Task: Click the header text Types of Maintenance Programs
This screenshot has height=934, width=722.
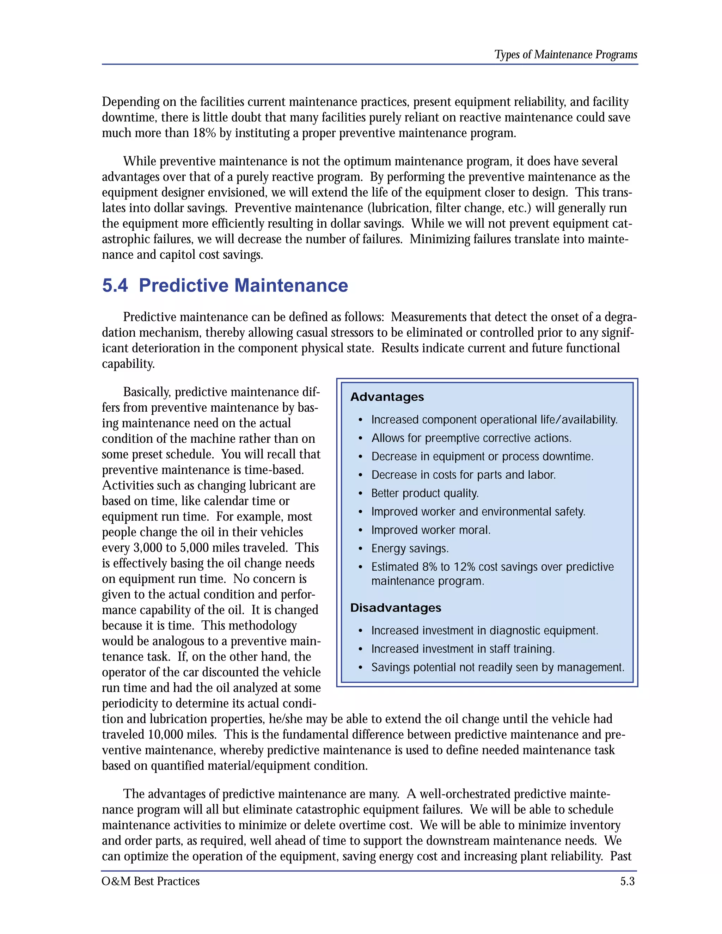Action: [x=565, y=55]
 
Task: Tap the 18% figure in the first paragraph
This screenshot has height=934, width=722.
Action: [x=204, y=133]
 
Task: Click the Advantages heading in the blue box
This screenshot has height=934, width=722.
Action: [x=387, y=397]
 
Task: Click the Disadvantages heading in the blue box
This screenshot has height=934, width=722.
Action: [x=395, y=608]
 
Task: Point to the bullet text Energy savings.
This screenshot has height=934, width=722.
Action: [x=409, y=548]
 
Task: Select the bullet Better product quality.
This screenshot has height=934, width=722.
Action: [x=424, y=493]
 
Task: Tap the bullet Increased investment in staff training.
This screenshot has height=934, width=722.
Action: [x=463, y=649]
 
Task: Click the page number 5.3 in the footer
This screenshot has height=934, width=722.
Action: [x=627, y=881]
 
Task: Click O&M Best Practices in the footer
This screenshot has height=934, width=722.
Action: [x=151, y=881]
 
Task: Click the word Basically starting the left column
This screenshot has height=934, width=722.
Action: [x=147, y=392]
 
